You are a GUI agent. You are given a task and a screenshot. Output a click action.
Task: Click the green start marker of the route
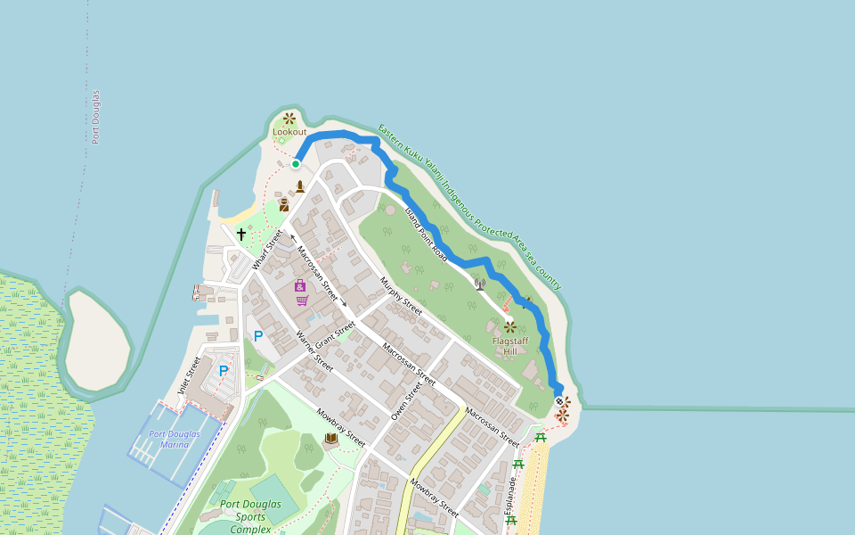[x=296, y=164]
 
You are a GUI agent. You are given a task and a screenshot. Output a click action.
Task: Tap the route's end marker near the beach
[x=559, y=401]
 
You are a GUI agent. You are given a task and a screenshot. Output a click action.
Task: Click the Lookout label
[x=289, y=132]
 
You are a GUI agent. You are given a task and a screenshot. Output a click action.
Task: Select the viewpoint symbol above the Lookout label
[x=289, y=118]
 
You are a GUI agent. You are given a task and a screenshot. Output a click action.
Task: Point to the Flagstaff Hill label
[x=509, y=346]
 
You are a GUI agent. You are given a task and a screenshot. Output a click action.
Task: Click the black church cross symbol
[x=240, y=235]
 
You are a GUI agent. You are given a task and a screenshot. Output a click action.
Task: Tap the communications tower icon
[x=480, y=284]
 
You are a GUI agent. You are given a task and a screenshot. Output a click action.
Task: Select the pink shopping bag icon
[x=300, y=285]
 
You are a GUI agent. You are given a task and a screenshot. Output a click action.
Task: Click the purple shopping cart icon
[x=302, y=300]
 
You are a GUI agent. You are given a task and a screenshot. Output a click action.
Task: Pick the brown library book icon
[x=331, y=438]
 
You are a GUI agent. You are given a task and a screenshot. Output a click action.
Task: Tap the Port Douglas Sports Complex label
[x=250, y=516]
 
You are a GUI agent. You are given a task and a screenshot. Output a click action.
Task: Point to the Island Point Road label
[x=426, y=233]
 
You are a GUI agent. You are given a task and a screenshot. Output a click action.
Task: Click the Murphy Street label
[x=401, y=296]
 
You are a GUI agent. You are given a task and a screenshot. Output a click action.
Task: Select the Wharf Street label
[x=266, y=250]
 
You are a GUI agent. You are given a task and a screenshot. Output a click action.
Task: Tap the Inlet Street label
[x=190, y=375]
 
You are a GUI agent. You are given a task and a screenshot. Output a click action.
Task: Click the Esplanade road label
[x=511, y=499]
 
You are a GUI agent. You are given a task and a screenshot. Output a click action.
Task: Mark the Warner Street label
[x=314, y=351]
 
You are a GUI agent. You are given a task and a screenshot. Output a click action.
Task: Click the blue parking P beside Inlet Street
[x=224, y=370]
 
